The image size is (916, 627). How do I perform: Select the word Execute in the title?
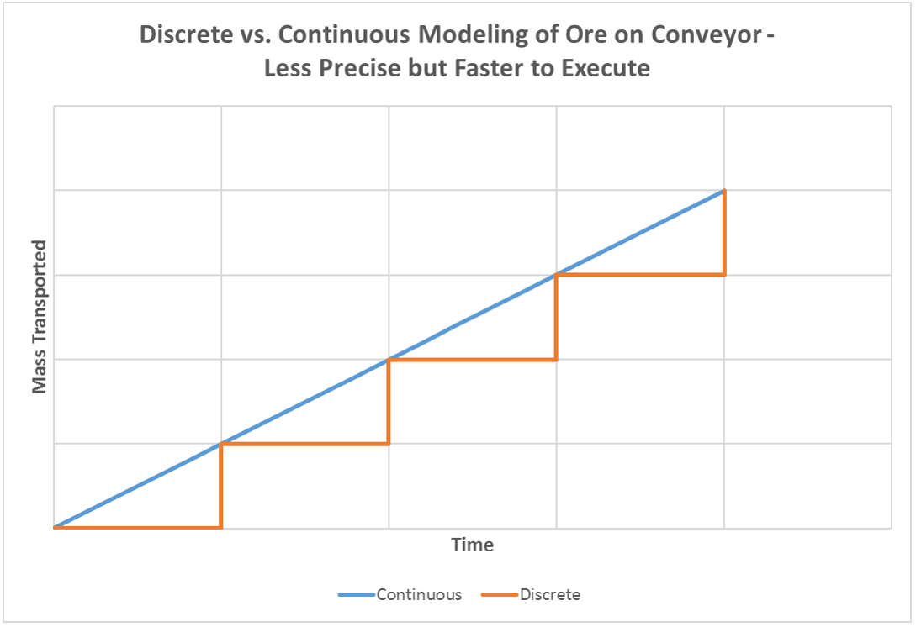610,68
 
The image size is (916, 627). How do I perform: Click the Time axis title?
472,545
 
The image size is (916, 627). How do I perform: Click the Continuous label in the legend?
419,595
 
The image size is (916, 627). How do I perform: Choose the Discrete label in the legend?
550,595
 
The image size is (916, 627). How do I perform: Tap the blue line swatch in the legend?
355,595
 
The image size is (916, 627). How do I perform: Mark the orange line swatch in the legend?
499,595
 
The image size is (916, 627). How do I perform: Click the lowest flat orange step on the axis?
137,527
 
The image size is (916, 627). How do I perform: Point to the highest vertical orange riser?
723,233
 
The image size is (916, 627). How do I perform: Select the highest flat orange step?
639,275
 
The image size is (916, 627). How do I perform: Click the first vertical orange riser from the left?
220,485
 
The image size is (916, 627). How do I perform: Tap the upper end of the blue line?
723,192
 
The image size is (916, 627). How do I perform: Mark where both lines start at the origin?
55,527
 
